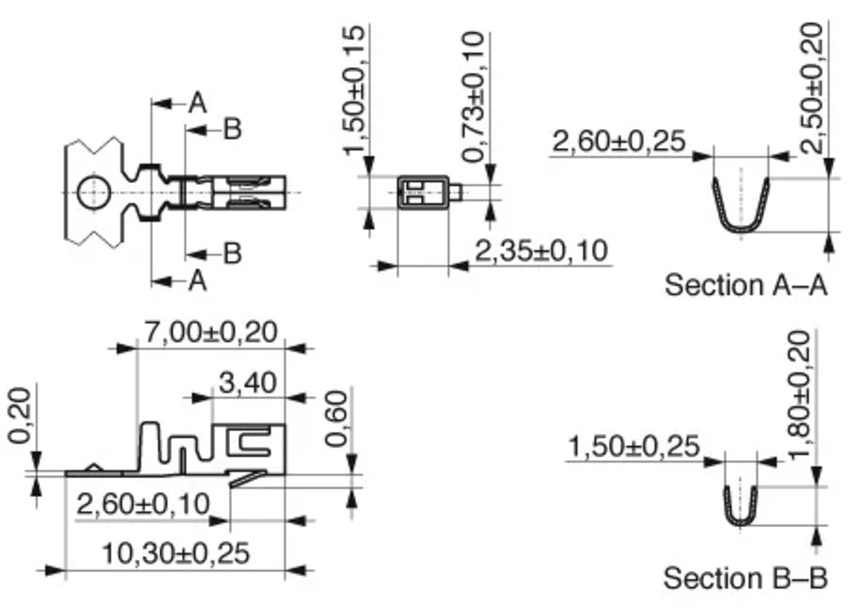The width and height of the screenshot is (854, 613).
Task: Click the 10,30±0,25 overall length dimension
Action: (176, 553)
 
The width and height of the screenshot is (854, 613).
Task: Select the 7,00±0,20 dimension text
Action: (211, 332)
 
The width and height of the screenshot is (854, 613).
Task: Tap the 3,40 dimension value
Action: (247, 383)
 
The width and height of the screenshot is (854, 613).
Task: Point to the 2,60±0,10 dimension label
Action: (143, 504)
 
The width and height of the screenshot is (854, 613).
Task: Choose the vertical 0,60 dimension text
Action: (336, 419)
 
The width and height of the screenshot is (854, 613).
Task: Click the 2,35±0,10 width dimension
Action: (541, 251)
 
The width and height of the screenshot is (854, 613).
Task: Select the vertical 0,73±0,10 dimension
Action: (473, 97)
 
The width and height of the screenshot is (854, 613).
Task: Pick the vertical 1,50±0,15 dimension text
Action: (354, 90)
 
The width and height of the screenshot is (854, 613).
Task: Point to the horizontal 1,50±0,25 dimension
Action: (634, 446)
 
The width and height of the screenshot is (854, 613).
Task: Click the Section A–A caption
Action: (745, 285)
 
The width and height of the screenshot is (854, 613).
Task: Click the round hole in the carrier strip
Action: (94, 192)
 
